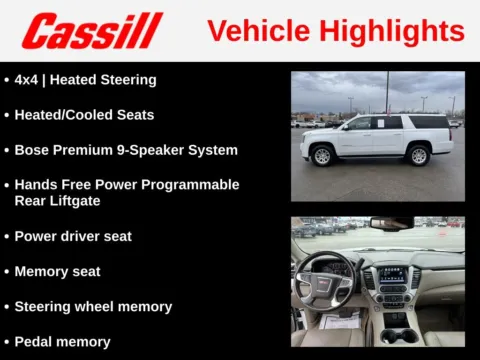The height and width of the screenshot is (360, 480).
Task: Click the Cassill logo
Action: [x=92, y=31]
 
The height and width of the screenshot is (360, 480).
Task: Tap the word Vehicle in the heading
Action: [x=257, y=30]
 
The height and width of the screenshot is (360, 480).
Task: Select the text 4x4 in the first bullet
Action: [x=27, y=80]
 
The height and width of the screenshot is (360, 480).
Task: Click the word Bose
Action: [x=32, y=150]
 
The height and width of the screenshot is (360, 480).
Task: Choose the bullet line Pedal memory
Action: [x=62, y=342]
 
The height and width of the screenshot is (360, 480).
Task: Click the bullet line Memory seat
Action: [x=57, y=271]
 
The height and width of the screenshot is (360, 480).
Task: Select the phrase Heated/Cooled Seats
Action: [x=84, y=115]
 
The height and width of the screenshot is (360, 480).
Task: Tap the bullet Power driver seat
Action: [x=73, y=236]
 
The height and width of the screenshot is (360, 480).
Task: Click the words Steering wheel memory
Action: [x=93, y=307]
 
